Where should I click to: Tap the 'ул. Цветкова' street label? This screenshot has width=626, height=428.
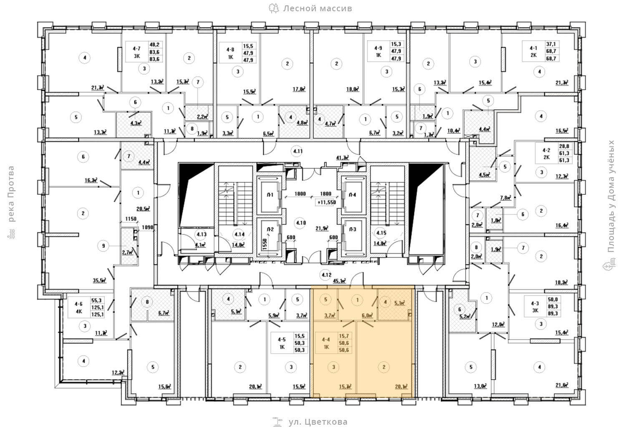(x=318, y=422)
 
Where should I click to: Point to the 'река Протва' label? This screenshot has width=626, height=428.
(x=11, y=194)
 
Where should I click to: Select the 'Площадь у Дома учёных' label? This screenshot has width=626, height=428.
(x=611, y=196)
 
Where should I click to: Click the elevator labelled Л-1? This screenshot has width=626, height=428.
(x=270, y=195)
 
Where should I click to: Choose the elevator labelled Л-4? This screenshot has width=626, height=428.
(x=353, y=195)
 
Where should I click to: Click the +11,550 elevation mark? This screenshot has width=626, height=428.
(x=326, y=202)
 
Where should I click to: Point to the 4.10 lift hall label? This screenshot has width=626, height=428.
(x=301, y=223)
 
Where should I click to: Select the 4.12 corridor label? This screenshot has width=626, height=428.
(x=326, y=274)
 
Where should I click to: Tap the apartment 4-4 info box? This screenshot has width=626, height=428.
(x=336, y=342)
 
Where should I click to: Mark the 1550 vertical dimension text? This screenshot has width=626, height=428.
(x=264, y=244)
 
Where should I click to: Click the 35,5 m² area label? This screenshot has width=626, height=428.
(x=98, y=280)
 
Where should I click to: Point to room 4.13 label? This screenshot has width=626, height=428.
(x=202, y=234)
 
